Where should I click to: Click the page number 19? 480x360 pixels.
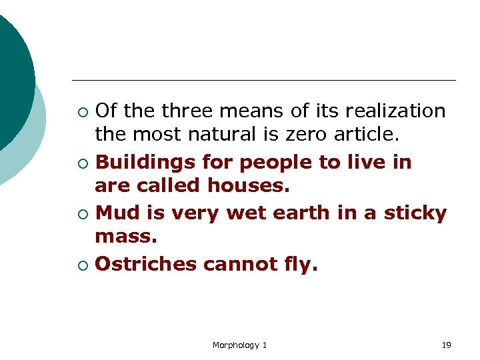pos(446,345)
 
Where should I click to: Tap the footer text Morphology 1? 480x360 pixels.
pos(239,345)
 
